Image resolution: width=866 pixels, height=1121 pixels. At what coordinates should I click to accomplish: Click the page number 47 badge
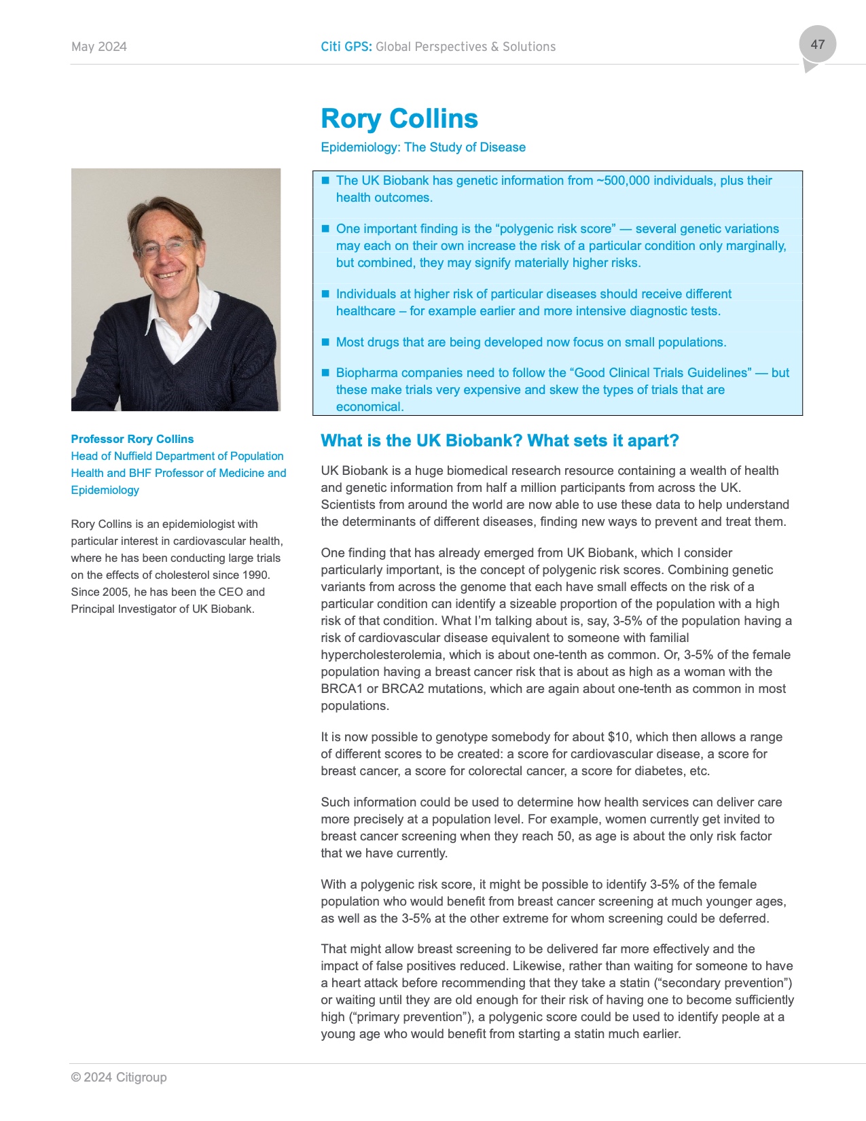(817, 45)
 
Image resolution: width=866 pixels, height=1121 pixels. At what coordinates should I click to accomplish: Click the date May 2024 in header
(99, 47)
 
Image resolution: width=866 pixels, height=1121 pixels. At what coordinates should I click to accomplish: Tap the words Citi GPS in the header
(346, 47)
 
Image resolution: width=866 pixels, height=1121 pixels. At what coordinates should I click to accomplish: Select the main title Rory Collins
(399, 119)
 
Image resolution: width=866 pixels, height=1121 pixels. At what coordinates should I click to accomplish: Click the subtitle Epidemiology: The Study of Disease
(423, 147)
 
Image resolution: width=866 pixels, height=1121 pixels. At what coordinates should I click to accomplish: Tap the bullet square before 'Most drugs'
(325, 342)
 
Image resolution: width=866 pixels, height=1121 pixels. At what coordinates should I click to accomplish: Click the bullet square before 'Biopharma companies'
(325, 372)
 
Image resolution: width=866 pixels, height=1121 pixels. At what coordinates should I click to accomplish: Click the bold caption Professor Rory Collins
(132, 440)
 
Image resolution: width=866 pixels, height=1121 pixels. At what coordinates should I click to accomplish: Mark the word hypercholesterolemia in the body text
(376, 655)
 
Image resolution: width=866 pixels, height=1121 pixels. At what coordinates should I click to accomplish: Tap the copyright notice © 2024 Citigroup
(119, 1078)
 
